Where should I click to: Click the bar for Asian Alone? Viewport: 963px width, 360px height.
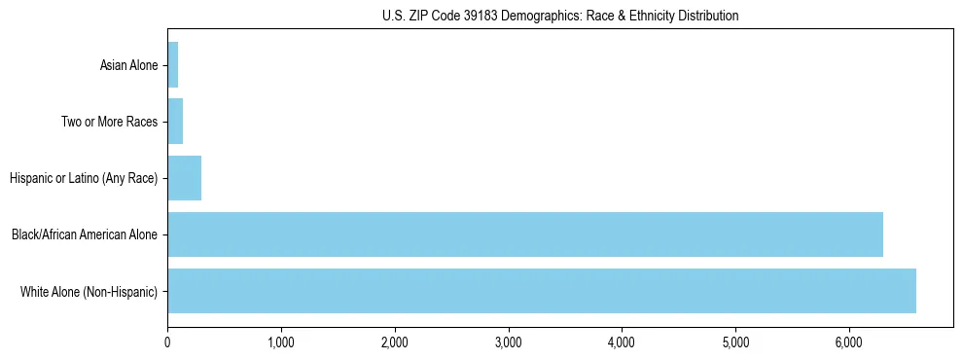pos(172,65)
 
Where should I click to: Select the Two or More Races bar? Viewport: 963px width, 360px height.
pos(175,122)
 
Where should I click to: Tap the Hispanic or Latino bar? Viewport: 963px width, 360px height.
pos(184,178)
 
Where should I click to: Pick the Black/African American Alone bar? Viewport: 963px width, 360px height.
pos(525,234)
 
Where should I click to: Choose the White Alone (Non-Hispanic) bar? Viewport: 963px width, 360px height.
pos(542,291)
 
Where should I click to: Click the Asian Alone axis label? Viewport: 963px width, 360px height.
pos(128,66)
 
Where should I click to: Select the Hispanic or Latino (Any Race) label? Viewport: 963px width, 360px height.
pos(84,179)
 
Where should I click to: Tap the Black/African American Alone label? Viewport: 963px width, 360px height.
pos(85,235)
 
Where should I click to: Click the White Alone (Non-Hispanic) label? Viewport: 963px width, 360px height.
pos(89,292)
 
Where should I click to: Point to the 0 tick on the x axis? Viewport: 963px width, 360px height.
pos(167,342)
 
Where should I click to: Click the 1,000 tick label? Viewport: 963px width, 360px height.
pos(281,342)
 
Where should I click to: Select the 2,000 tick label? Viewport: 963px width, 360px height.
pos(395,342)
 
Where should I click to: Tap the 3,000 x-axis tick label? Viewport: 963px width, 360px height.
pos(509,342)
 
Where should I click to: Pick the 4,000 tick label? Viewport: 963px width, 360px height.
pos(622,342)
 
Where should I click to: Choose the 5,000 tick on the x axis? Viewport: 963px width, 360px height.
pos(735,342)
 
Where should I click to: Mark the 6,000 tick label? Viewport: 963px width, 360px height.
pos(849,342)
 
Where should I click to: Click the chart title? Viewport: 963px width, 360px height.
pos(560,16)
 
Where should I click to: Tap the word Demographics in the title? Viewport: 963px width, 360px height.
pos(539,16)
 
